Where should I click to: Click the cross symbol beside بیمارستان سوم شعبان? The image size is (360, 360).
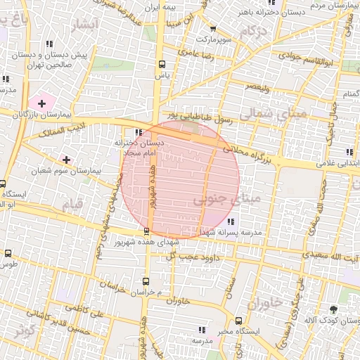point(67,160)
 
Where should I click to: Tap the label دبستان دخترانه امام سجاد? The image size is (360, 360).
point(139,146)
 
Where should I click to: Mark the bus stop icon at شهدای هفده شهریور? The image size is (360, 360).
point(146,231)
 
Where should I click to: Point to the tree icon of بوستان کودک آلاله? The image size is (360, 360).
point(333,310)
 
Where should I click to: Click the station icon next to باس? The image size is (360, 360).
point(163,62)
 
